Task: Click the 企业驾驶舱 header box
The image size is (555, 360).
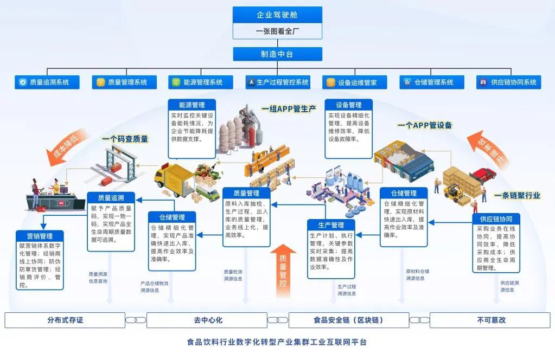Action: [277, 15]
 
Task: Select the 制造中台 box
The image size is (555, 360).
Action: [277, 54]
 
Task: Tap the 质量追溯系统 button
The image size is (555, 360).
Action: [47, 82]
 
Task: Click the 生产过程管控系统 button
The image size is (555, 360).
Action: [277, 82]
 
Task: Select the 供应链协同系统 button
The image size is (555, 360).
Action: [508, 82]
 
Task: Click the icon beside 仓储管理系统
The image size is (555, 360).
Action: [407, 82]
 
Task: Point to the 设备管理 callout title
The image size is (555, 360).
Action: [348, 105]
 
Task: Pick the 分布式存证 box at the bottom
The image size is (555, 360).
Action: [65, 320]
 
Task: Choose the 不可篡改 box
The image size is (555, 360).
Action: [491, 320]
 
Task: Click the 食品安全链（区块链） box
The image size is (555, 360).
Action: [348, 320]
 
